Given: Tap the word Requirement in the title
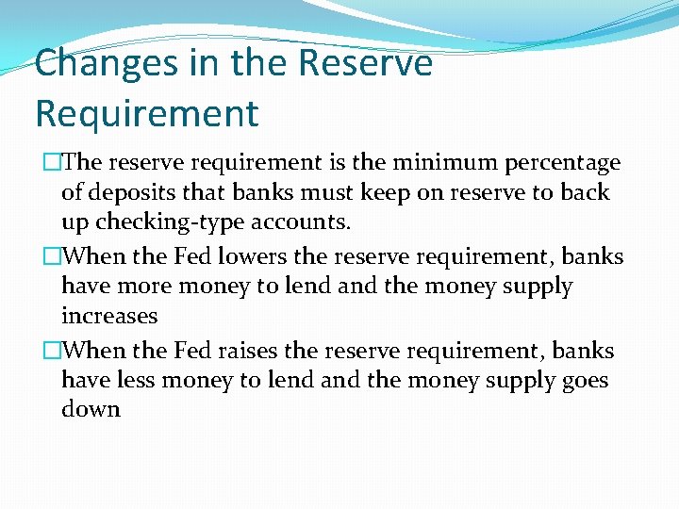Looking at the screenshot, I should click(146, 113).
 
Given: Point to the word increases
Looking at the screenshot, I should click(108, 316).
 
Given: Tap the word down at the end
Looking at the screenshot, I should click(91, 410).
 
